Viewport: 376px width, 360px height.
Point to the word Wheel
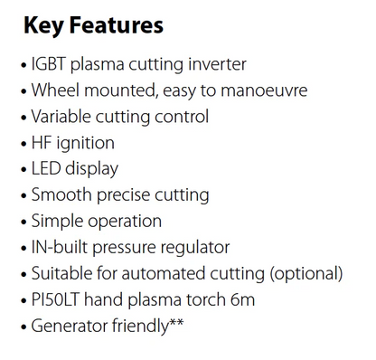click(x=54, y=90)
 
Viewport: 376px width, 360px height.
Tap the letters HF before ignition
click(x=42, y=143)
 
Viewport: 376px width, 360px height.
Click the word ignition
click(x=85, y=143)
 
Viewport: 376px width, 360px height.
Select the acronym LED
click(x=46, y=168)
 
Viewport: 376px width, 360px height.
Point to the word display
click(x=92, y=168)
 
